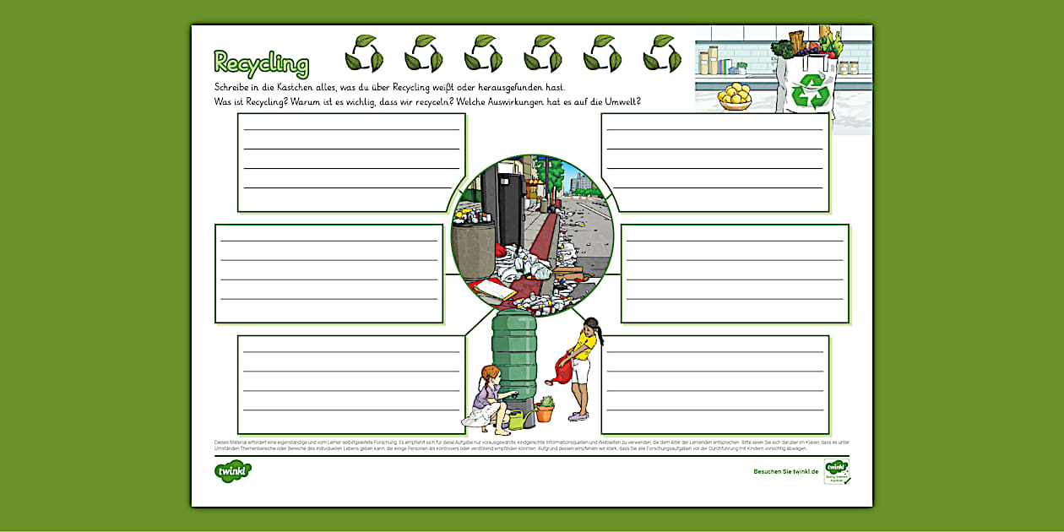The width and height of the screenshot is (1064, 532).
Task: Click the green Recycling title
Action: [261, 63]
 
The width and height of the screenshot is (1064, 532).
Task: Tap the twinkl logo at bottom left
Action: [232, 471]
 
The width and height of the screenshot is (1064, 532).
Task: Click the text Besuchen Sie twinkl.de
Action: [785, 471]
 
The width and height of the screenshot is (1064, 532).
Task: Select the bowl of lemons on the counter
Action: [735, 95]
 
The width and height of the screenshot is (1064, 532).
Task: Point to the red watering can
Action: [562, 369]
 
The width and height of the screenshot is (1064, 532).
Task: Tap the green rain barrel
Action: [514, 355]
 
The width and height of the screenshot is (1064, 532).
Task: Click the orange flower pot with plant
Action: [546, 410]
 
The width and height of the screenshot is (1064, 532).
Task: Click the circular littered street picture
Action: [532, 236]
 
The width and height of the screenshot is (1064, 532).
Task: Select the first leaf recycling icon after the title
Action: [364, 54]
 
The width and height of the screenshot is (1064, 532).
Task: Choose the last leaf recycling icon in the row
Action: [662, 54]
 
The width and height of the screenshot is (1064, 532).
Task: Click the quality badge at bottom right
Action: [836, 471]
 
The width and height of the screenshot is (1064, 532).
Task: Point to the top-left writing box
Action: [351, 162]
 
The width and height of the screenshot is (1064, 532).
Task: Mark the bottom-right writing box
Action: [714, 384]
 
